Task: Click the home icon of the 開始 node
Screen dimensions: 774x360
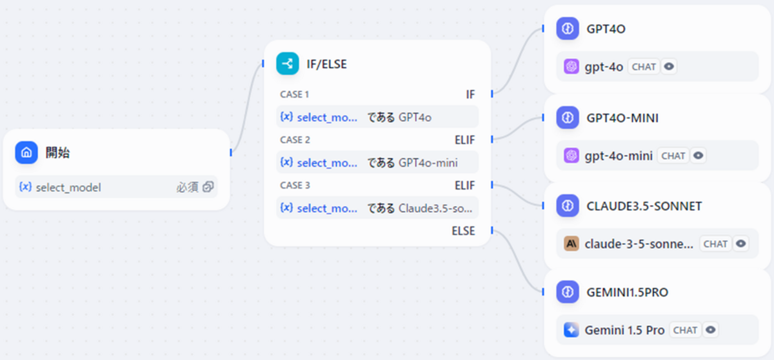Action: tap(26, 153)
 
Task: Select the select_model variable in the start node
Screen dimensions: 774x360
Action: tap(68, 188)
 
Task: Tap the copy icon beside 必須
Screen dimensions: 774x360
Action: tap(208, 187)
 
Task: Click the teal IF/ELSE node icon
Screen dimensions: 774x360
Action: tap(288, 64)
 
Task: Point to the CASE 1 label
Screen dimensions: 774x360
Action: tap(295, 94)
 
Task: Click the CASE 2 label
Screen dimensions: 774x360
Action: tap(295, 139)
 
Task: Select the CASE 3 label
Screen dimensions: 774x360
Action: tap(295, 185)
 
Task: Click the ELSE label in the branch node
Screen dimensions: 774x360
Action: tap(463, 231)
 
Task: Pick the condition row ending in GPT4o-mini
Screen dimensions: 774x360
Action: tap(377, 162)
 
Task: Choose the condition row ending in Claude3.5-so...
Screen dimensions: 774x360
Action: tap(377, 208)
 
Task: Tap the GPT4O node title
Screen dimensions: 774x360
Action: tap(606, 29)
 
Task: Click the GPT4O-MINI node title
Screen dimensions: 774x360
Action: tap(622, 118)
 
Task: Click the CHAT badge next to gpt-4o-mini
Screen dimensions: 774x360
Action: tap(673, 155)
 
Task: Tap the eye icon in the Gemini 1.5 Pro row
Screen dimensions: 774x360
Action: tap(711, 330)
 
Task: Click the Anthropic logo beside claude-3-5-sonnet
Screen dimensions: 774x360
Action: tap(571, 244)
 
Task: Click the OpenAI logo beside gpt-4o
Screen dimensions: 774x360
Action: tap(571, 66)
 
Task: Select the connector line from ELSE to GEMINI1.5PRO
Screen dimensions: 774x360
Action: tap(516, 261)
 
